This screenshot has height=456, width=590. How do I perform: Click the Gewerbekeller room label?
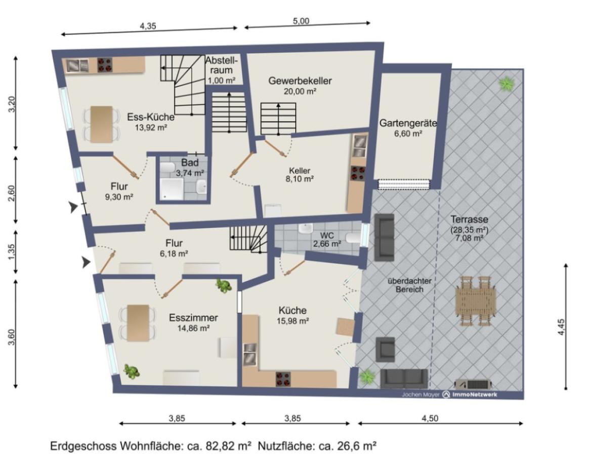click(x=300, y=81)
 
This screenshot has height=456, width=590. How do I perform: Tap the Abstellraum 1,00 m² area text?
click(x=222, y=80)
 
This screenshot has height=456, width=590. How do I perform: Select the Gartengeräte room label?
click(x=408, y=123)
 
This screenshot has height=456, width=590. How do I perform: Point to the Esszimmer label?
click(x=193, y=318)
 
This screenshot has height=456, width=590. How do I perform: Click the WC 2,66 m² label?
click(x=327, y=240)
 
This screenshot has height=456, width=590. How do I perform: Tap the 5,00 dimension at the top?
click(x=301, y=21)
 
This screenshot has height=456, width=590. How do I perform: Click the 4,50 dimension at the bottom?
click(x=430, y=418)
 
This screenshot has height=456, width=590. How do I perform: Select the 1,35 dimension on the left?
click(x=12, y=252)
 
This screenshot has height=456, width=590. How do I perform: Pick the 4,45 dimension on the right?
click(x=561, y=327)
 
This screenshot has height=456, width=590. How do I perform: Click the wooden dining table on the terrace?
click(x=475, y=301)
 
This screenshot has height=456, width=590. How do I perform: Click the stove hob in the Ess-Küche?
click(x=105, y=64)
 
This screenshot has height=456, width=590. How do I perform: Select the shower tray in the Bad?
click(x=172, y=189)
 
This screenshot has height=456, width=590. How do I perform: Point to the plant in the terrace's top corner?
click(x=507, y=84)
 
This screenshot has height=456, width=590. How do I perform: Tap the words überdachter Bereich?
click(x=409, y=285)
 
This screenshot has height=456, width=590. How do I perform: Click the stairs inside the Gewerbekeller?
click(x=278, y=119)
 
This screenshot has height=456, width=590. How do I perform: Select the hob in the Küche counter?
click(x=283, y=379)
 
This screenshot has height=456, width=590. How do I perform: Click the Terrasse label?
click(x=469, y=219)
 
